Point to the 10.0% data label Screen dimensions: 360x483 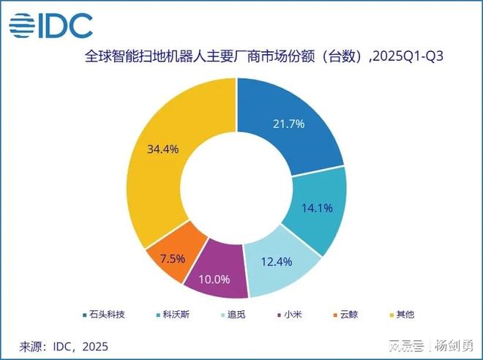click(215, 279)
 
